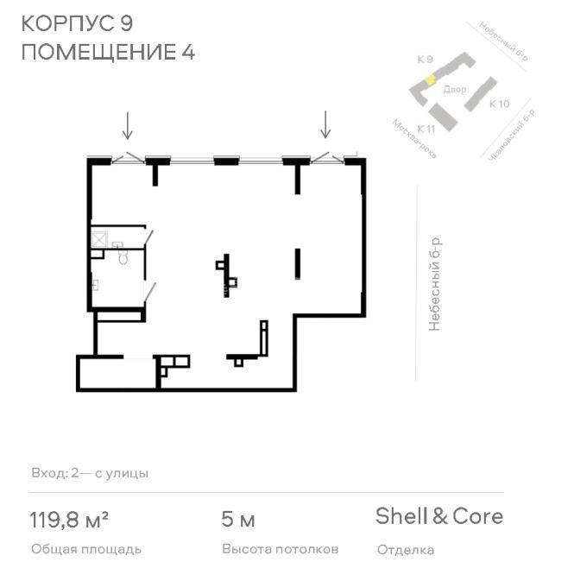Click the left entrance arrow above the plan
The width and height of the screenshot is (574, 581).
point(128,126)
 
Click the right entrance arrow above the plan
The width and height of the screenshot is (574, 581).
point(325,124)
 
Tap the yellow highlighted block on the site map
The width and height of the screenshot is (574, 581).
point(430,80)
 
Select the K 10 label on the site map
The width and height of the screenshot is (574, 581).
point(500,104)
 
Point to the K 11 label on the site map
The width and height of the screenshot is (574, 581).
point(426,129)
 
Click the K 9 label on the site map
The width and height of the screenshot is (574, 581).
point(425,60)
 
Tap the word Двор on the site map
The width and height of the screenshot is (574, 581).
point(455,89)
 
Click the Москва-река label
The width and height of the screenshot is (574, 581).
point(414,139)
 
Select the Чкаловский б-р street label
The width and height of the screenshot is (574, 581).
point(513,136)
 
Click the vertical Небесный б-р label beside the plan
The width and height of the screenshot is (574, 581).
point(434,284)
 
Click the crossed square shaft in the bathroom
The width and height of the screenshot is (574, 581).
point(99,239)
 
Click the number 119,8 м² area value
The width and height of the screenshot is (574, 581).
point(69,520)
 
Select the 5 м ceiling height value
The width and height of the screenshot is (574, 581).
point(238,520)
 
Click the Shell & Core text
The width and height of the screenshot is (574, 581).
point(439,516)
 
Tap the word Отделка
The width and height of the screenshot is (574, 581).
point(406,550)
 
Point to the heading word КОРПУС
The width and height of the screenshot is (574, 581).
point(67,23)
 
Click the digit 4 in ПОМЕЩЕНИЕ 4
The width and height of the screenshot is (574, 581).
point(188,52)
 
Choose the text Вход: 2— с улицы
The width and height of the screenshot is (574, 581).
point(90,473)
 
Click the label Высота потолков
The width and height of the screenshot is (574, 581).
point(281,549)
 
